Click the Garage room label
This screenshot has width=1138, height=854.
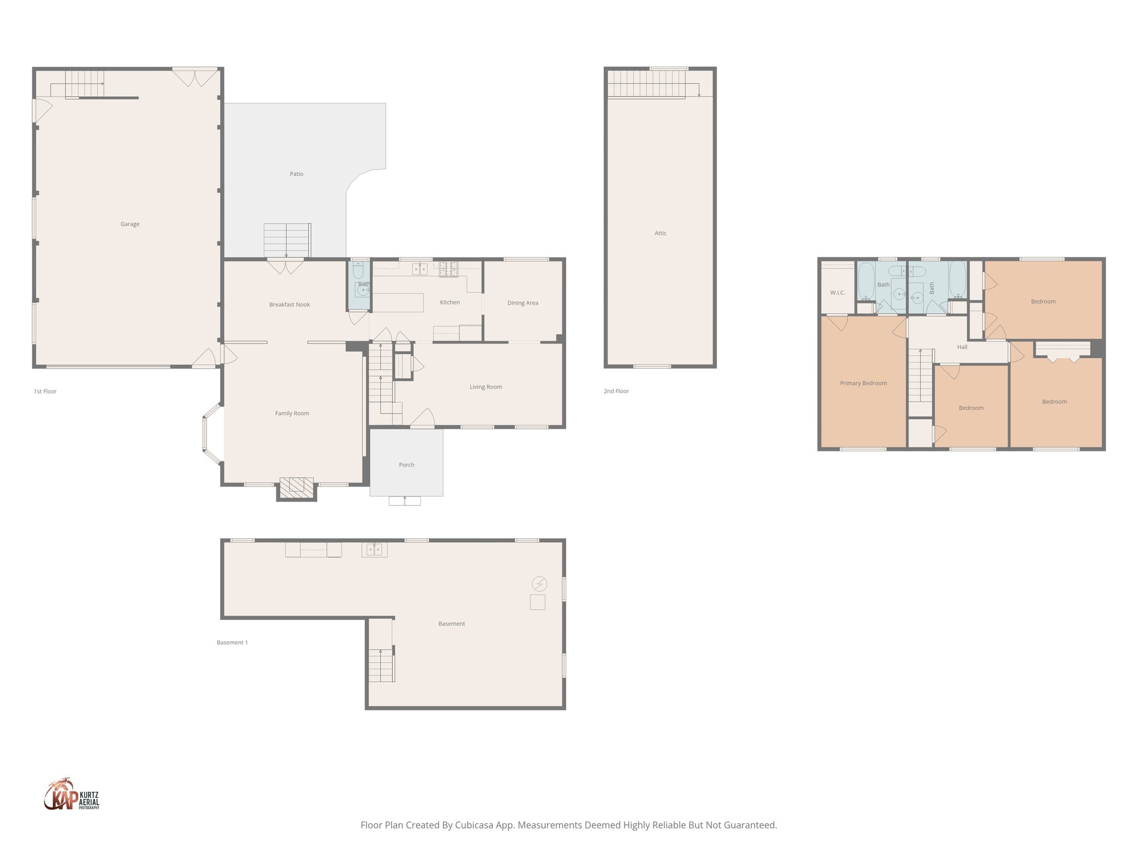click(129, 224)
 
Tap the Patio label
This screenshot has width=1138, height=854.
click(296, 174)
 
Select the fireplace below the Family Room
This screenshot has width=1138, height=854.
click(296, 488)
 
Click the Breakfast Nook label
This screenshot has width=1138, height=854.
click(290, 305)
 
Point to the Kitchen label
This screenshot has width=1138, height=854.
click(450, 302)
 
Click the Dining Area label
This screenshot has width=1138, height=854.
click(522, 303)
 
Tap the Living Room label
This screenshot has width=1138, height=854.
click(486, 387)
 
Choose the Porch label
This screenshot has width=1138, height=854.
click(406, 465)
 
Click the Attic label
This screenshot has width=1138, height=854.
click(660, 233)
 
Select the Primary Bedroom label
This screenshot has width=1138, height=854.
click(863, 383)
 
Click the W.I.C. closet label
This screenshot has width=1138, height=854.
click(837, 292)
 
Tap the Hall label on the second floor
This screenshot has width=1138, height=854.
click(962, 347)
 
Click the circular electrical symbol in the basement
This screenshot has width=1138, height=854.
click(539, 584)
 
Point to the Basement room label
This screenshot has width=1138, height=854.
click(451, 624)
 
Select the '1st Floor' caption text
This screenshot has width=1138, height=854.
click(45, 391)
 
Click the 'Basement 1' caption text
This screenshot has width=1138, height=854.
click(232, 643)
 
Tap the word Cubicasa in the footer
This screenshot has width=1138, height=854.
click(474, 825)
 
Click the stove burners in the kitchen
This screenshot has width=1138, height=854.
click(448, 269)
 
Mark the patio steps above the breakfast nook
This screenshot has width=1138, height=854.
click(287, 240)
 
